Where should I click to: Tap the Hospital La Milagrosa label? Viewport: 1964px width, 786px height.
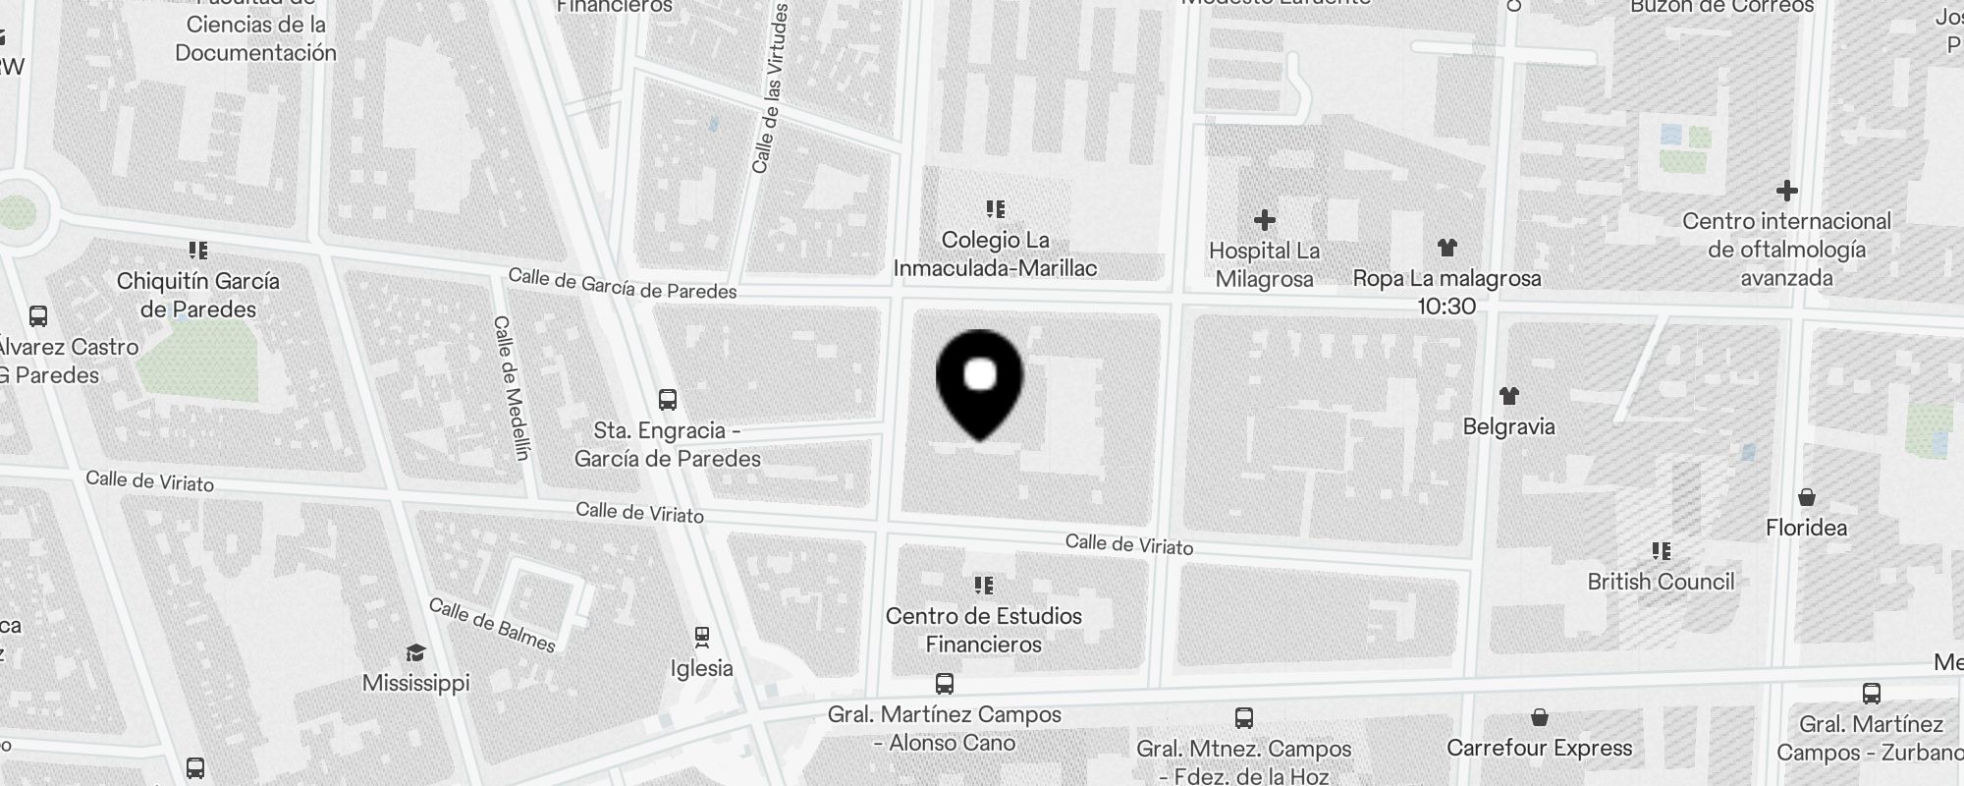click(1264, 265)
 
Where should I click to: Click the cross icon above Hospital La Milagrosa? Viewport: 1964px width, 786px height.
click(1265, 220)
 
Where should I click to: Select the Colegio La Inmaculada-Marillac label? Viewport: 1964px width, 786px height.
click(995, 253)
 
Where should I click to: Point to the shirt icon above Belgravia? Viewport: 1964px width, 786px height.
click(1509, 396)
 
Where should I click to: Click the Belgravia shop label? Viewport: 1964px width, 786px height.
click(1508, 426)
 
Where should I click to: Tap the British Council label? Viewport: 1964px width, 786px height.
click(1661, 582)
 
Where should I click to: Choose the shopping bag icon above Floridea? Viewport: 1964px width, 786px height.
click(1807, 497)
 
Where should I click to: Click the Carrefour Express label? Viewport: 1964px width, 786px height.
click(1539, 748)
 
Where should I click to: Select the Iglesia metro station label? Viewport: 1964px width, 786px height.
click(701, 668)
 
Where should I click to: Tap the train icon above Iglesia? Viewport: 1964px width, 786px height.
click(702, 638)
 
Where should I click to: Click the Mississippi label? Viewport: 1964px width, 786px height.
click(415, 683)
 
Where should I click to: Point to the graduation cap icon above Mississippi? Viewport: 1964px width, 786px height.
click(415, 652)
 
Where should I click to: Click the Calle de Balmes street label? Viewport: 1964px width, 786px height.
click(492, 625)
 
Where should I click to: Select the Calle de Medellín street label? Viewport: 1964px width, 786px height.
click(512, 387)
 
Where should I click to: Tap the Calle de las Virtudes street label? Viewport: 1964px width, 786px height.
click(771, 88)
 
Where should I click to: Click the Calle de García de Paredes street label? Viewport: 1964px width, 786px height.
click(622, 284)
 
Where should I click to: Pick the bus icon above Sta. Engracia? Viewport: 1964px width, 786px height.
click(668, 400)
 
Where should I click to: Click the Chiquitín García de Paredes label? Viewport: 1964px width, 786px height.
click(197, 295)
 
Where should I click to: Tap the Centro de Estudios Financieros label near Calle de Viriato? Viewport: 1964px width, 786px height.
click(983, 630)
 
